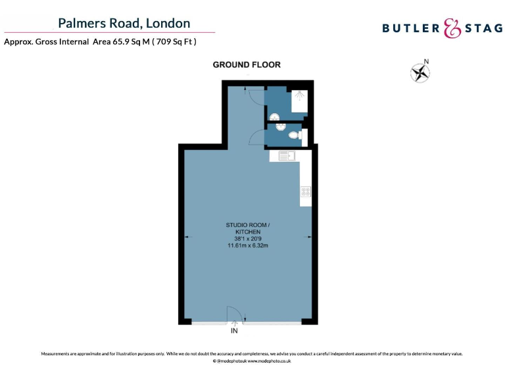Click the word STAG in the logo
click(482, 28)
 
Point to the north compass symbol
click(420, 72)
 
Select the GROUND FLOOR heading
click(247, 64)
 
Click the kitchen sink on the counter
click(287, 156)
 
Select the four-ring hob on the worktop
click(306, 192)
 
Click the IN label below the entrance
click(235, 332)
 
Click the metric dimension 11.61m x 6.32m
click(248, 245)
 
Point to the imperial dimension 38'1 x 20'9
click(248, 239)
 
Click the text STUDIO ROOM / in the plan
click(248, 226)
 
